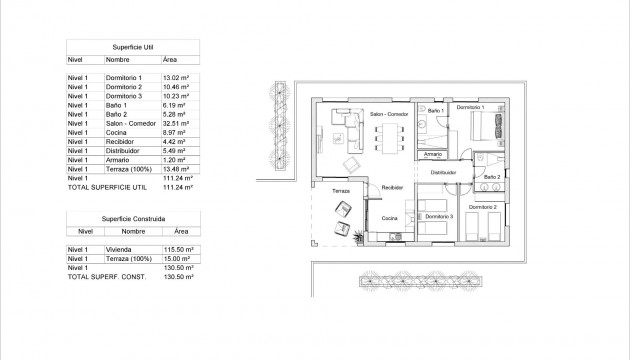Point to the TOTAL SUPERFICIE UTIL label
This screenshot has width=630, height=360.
105,188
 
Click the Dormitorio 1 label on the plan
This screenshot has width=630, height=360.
471,107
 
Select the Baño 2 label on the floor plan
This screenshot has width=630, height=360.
491,176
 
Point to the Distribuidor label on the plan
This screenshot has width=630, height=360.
443,172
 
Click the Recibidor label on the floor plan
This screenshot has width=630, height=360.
392,187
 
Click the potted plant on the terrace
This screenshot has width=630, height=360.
356,235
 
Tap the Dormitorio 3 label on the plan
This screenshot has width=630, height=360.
439,216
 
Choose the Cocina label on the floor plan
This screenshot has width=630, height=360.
390,216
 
